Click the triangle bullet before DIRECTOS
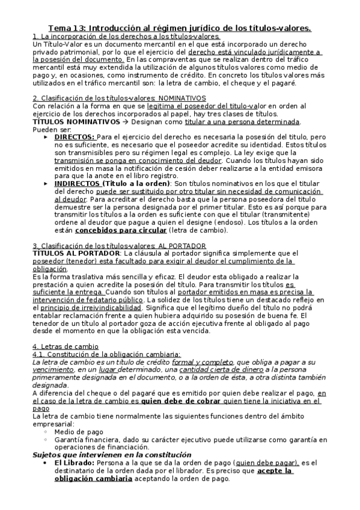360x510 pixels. point(47,137)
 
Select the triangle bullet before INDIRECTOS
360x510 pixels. point(47,183)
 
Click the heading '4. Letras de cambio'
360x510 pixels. point(66,347)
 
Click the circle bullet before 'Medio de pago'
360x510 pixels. point(47,432)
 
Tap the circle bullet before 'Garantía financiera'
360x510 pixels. point(47,440)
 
